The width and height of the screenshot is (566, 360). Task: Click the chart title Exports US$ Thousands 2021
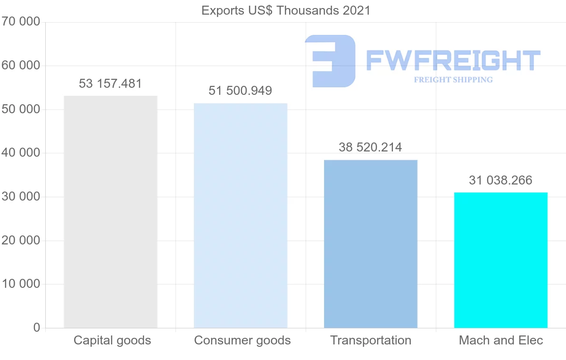coord(286,10)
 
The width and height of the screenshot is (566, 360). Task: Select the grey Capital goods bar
coord(110,212)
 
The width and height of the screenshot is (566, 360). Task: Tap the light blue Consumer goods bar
coord(241,216)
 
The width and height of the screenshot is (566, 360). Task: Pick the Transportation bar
coord(371,244)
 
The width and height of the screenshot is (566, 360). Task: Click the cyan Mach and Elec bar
coord(500,260)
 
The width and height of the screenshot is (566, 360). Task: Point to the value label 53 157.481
coord(110,84)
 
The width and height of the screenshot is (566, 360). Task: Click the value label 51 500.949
coord(241,91)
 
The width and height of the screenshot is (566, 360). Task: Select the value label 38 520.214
coord(370,147)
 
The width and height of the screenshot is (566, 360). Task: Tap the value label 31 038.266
coord(500,180)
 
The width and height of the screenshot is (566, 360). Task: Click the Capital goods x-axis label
coord(112,340)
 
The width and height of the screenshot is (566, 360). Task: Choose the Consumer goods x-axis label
coord(242,340)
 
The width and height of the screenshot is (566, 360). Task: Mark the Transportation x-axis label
coord(371,340)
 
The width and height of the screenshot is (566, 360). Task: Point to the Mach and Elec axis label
coord(501,340)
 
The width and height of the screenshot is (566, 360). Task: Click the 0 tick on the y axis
coord(36,328)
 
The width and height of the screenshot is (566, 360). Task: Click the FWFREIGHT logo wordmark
coord(453,60)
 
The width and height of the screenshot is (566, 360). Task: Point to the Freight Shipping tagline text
coord(453,80)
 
